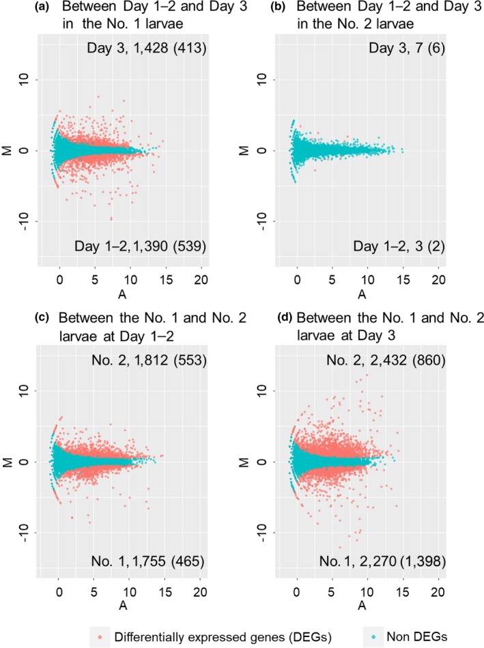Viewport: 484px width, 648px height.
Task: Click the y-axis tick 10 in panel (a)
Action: click(x=25, y=81)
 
